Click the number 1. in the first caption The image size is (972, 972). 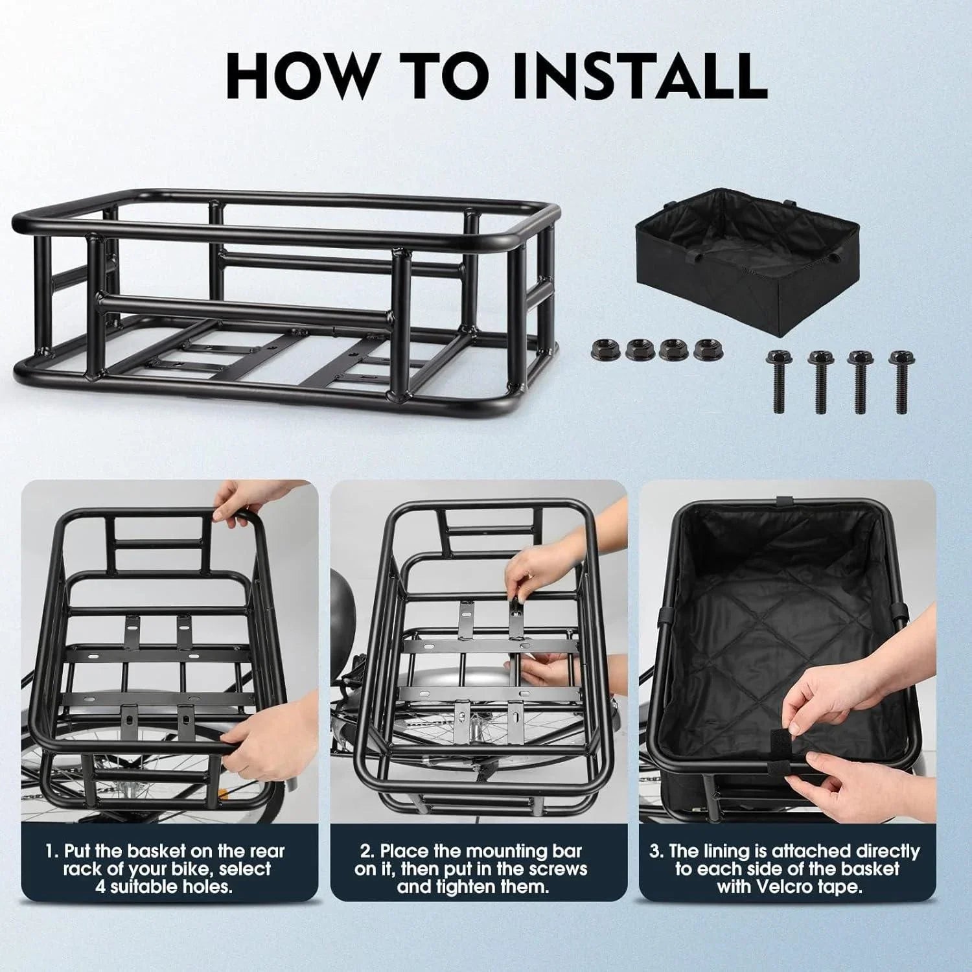[52, 851]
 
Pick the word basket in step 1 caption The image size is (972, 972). [160, 851]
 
